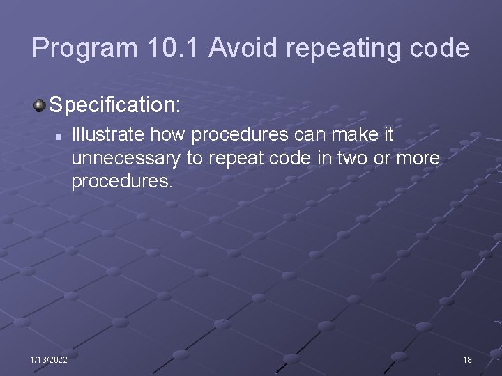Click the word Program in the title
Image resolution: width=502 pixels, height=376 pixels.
pos(84,49)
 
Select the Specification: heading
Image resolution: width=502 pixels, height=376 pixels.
pos(115,106)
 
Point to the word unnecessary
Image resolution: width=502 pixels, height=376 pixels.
pos(126,159)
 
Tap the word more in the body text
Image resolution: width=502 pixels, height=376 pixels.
pos(418,159)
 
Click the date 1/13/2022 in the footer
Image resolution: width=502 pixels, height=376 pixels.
pos(49,359)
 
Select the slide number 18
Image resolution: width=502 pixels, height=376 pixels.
pos(466,359)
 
